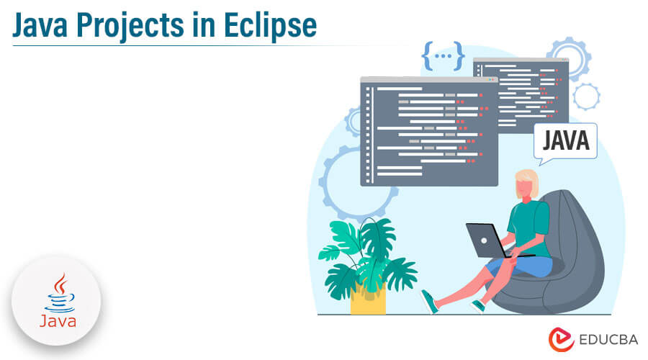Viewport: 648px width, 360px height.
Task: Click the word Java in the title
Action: pos(40,26)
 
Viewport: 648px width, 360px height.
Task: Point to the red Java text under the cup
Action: pos(58,321)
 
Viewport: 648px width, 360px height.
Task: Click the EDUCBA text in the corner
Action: pos(608,340)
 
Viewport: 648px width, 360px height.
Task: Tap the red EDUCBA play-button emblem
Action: pos(561,339)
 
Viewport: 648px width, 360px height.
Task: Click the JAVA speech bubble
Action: pos(565,143)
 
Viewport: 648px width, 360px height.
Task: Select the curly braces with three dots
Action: pos(443,55)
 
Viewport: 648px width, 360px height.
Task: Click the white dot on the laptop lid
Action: pos(484,240)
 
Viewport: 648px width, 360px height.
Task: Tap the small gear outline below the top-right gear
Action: pos(586,96)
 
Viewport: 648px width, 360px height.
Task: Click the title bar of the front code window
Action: pos(429,79)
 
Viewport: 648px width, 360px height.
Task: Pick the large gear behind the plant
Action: pos(326,182)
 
